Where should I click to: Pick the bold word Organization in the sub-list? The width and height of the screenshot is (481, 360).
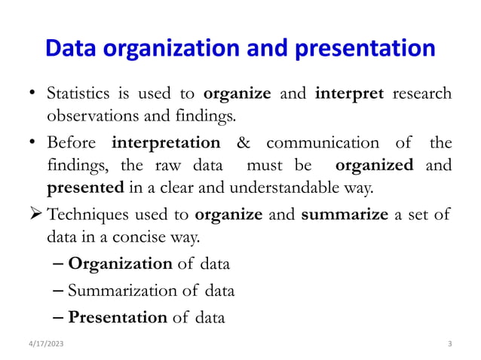click(120, 264)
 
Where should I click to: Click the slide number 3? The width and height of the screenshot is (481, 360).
click(449, 344)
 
